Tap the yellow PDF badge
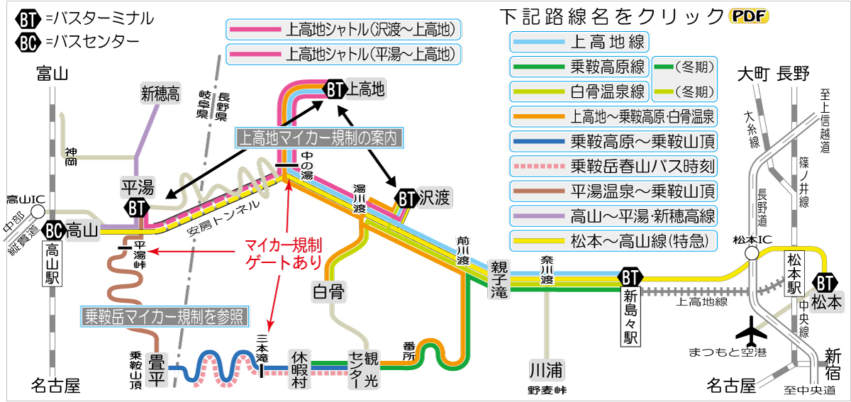tap(748, 16)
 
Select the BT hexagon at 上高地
tap(335, 89)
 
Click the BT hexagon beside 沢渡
tap(406, 199)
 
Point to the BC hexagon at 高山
tap(54, 230)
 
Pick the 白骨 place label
tap(328, 291)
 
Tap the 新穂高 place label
tap(160, 93)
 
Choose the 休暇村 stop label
tap(299, 369)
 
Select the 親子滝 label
tap(499, 279)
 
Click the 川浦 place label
tap(546, 370)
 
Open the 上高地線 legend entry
tap(579, 42)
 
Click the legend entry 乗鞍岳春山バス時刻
tap(613, 166)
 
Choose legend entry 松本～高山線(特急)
tap(613, 240)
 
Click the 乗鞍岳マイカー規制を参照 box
tap(165, 316)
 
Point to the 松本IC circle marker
tap(752, 253)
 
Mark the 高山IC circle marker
tap(38, 212)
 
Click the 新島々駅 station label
tap(630, 316)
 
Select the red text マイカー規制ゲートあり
tap(284, 254)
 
